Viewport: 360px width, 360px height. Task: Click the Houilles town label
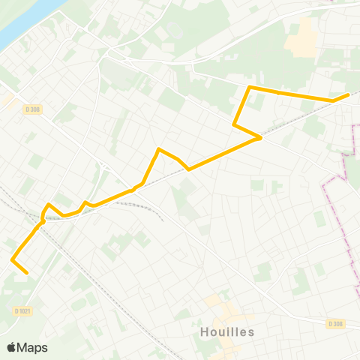228,331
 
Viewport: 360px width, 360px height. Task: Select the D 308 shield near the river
31,109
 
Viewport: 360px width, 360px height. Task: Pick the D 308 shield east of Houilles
335,323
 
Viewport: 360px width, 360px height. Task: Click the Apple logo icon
12,347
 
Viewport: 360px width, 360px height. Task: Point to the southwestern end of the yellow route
27,273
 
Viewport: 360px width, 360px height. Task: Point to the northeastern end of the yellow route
349,94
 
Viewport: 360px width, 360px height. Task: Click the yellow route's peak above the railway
159,149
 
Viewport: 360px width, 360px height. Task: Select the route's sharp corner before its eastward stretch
250,88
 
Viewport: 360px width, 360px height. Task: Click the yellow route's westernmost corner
13,259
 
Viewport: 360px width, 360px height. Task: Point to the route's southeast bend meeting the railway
259,137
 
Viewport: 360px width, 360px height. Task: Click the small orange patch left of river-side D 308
7,99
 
